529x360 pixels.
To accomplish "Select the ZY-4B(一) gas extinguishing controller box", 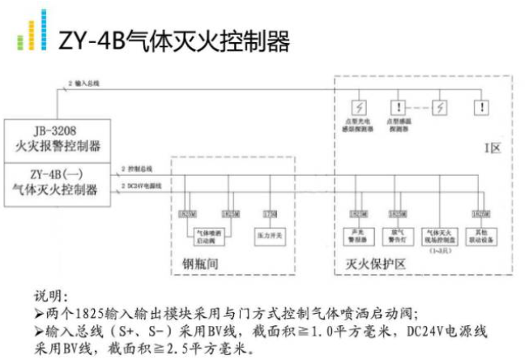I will tap(56, 182).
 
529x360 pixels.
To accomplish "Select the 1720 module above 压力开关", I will tap(270, 213).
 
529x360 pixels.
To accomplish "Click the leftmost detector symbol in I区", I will tap(356, 106).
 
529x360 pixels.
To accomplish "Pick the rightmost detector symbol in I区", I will tap(483, 106).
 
